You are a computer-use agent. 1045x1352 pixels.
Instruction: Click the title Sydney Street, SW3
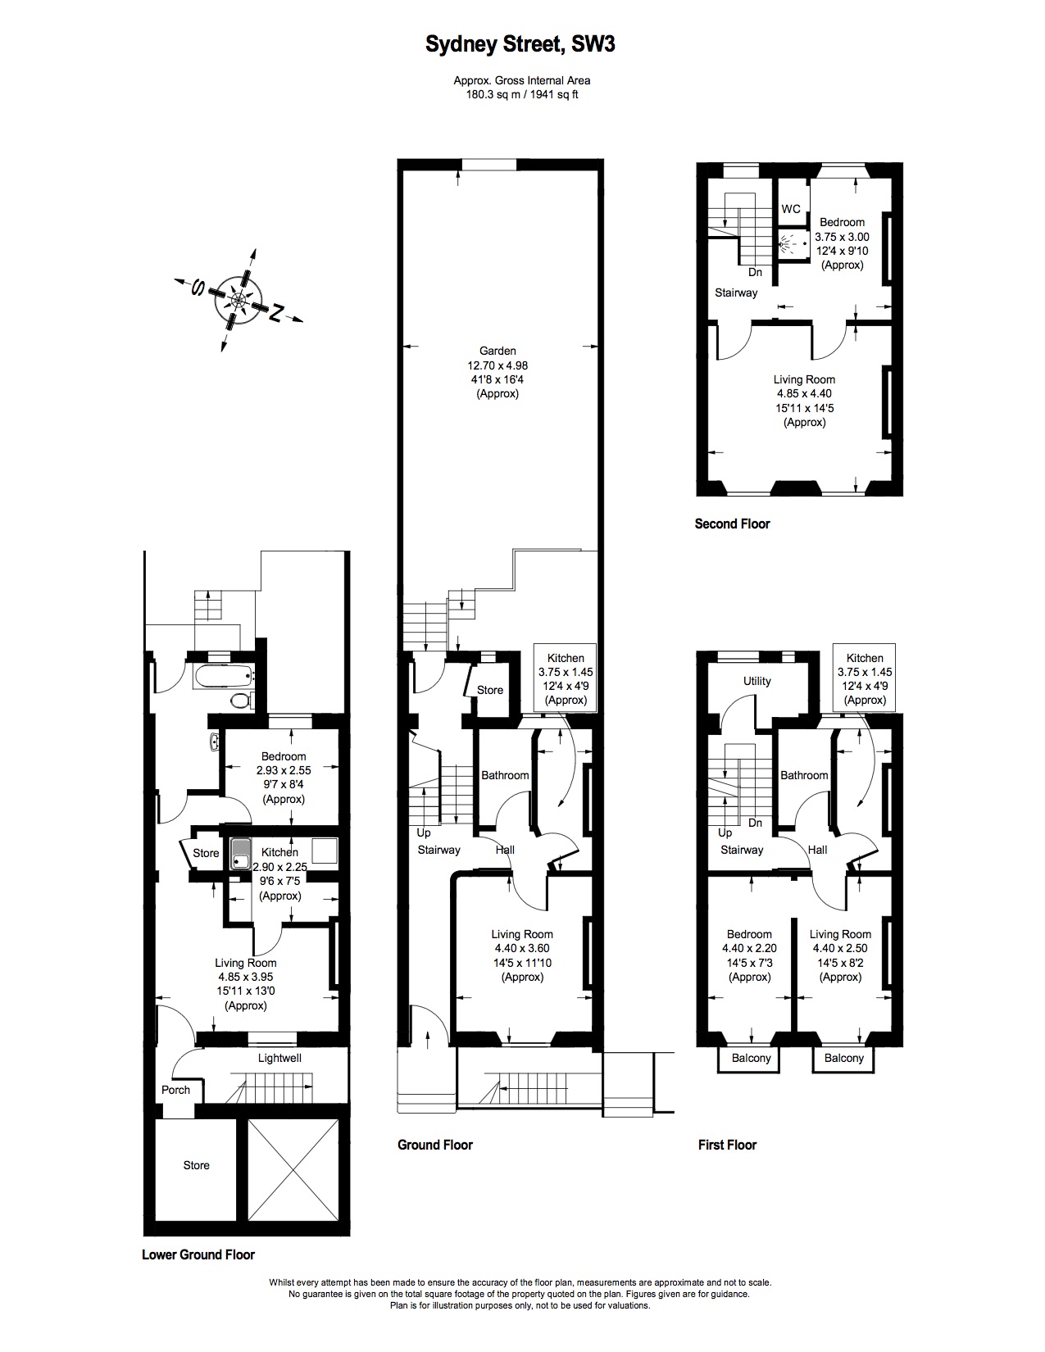tap(520, 45)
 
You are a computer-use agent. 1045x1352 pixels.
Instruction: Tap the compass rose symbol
tap(238, 301)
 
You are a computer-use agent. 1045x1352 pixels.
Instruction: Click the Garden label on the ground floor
tap(498, 351)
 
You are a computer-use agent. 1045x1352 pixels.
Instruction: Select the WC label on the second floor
tap(790, 209)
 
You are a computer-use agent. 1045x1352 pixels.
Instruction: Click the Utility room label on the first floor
tap(756, 681)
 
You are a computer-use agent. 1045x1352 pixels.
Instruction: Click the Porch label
tap(175, 1090)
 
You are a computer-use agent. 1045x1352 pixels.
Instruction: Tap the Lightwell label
tap(279, 1058)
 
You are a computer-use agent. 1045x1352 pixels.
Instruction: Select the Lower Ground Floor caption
tap(198, 1254)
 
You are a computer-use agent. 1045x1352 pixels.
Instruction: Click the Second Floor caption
tap(732, 524)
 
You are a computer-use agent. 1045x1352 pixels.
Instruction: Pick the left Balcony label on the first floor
tap(751, 1058)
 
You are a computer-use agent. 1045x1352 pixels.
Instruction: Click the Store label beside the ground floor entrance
tap(490, 690)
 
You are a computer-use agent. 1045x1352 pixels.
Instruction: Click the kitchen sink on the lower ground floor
tap(241, 852)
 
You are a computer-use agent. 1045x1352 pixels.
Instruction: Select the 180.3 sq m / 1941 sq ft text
tap(521, 94)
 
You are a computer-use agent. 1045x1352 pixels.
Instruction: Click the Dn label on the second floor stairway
tap(755, 272)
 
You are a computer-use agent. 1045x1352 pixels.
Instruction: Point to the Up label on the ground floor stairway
tap(424, 833)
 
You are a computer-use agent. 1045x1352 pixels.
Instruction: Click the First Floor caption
tap(727, 1145)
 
